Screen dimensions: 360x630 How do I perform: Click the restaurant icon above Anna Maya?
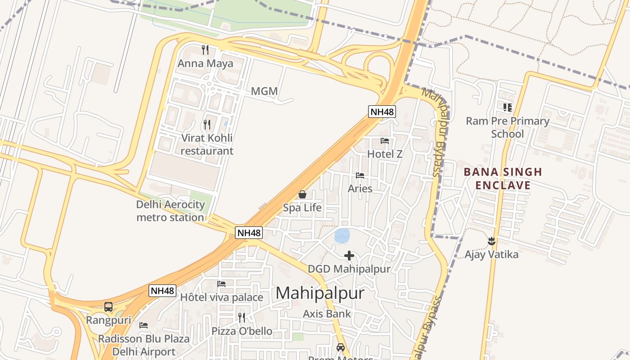pyautogui.click(x=205, y=49)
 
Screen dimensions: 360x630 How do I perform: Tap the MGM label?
pyautogui.click(x=264, y=91)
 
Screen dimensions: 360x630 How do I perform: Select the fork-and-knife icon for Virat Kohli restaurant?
pyautogui.click(x=207, y=124)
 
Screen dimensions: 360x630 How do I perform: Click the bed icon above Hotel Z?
pyautogui.click(x=385, y=141)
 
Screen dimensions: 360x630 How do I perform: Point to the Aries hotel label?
pyautogui.click(x=360, y=189)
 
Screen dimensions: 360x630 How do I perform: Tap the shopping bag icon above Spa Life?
pyautogui.click(x=302, y=194)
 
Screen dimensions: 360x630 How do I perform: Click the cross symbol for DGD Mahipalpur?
pyautogui.click(x=349, y=256)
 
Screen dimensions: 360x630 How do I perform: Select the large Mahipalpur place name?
pyautogui.click(x=319, y=293)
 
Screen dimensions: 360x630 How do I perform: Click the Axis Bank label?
pyautogui.click(x=327, y=314)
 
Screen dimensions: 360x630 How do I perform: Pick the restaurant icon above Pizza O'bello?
pyautogui.click(x=242, y=318)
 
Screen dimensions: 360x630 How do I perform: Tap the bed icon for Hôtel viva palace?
pyautogui.click(x=221, y=284)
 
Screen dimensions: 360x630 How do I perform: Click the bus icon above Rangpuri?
pyautogui.click(x=108, y=307)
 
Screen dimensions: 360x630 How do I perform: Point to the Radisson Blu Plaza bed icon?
pyautogui.click(x=144, y=325)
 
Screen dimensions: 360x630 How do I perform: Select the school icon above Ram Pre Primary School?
pyautogui.click(x=508, y=107)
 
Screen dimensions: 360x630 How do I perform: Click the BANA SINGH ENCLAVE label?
pyautogui.click(x=503, y=179)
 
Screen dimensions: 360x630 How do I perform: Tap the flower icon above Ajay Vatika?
pyautogui.click(x=491, y=241)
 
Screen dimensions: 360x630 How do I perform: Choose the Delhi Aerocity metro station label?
pyautogui.click(x=170, y=211)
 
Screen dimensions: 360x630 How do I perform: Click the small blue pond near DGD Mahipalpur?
pyautogui.click(x=342, y=235)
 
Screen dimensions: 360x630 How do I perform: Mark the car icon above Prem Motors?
pyautogui.click(x=341, y=347)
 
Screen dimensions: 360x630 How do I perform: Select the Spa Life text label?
pyautogui.click(x=302, y=208)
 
